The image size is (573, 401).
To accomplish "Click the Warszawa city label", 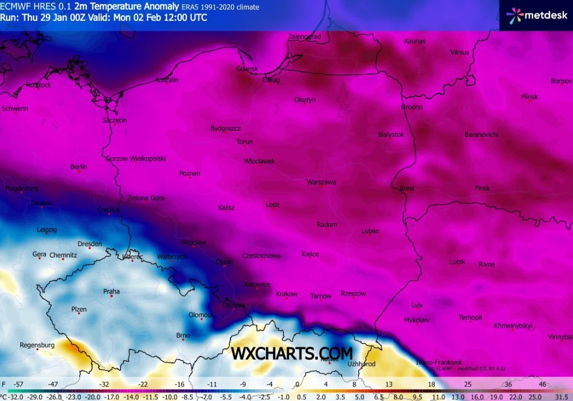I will pyautogui.click(x=321, y=182).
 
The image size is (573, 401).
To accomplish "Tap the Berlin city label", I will pyautogui.click(x=78, y=167).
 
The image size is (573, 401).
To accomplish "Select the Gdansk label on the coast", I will pyautogui.click(x=247, y=69).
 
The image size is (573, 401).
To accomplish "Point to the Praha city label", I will pyautogui.click(x=111, y=292).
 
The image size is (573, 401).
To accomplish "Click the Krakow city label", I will pyautogui.click(x=286, y=294).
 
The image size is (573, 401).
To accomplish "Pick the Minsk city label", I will pyautogui.click(x=529, y=97).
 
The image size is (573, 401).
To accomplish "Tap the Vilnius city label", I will pyautogui.click(x=459, y=53).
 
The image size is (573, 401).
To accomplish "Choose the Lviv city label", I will pyautogui.click(x=417, y=306).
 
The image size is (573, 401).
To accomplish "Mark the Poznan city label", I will pyautogui.click(x=190, y=174).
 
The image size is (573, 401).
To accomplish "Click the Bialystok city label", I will pyautogui.click(x=391, y=135).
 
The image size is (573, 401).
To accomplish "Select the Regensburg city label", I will pyautogui.click(x=37, y=345).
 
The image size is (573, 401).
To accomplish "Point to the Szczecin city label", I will pyautogui.click(x=114, y=121).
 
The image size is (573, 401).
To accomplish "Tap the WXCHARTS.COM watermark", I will pyautogui.click(x=292, y=353).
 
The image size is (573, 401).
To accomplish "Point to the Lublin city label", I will pyautogui.click(x=370, y=231).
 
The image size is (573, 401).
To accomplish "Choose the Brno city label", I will pyautogui.click(x=183, y=336).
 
